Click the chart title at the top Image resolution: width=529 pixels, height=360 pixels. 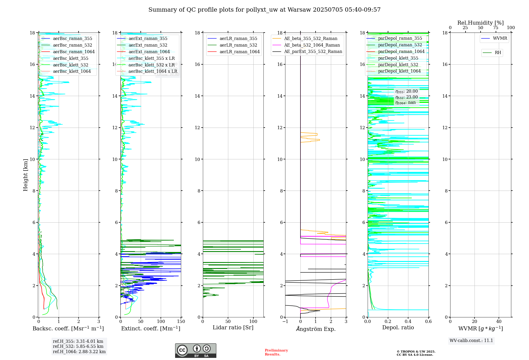tap(264, 10)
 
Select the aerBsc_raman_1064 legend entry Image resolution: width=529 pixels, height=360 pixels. tap(74, 52)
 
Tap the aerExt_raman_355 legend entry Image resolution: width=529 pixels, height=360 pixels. tap(148, 39)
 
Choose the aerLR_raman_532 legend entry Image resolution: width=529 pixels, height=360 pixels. tap(238, 45)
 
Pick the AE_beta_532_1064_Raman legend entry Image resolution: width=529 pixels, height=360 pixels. tap(312, 45)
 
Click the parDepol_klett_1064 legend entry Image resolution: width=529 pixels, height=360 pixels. tap(399, 71)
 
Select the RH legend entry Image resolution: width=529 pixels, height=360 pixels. tap(498, 53)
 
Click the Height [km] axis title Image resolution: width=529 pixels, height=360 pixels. tap(25, 175)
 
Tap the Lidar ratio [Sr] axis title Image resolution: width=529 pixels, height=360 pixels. tap(233, 328)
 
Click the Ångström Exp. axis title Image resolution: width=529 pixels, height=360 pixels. tap(316, 329)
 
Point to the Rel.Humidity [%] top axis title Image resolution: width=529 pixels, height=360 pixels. tap(480, 23)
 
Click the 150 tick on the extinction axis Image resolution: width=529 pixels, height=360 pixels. tap(181, 322)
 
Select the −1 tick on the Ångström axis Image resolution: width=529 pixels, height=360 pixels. tap(285, 322)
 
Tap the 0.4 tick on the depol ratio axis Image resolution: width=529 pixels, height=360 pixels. tap(408, 322)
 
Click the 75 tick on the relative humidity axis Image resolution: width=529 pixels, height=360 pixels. tap(496, 28)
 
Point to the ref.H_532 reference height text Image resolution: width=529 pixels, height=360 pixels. tap(78, 346)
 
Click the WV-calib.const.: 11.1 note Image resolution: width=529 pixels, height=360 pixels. tap(471, 341)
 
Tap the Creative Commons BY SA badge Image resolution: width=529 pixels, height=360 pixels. tap(195, 351)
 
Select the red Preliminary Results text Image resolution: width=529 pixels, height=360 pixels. tap(276, 352)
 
